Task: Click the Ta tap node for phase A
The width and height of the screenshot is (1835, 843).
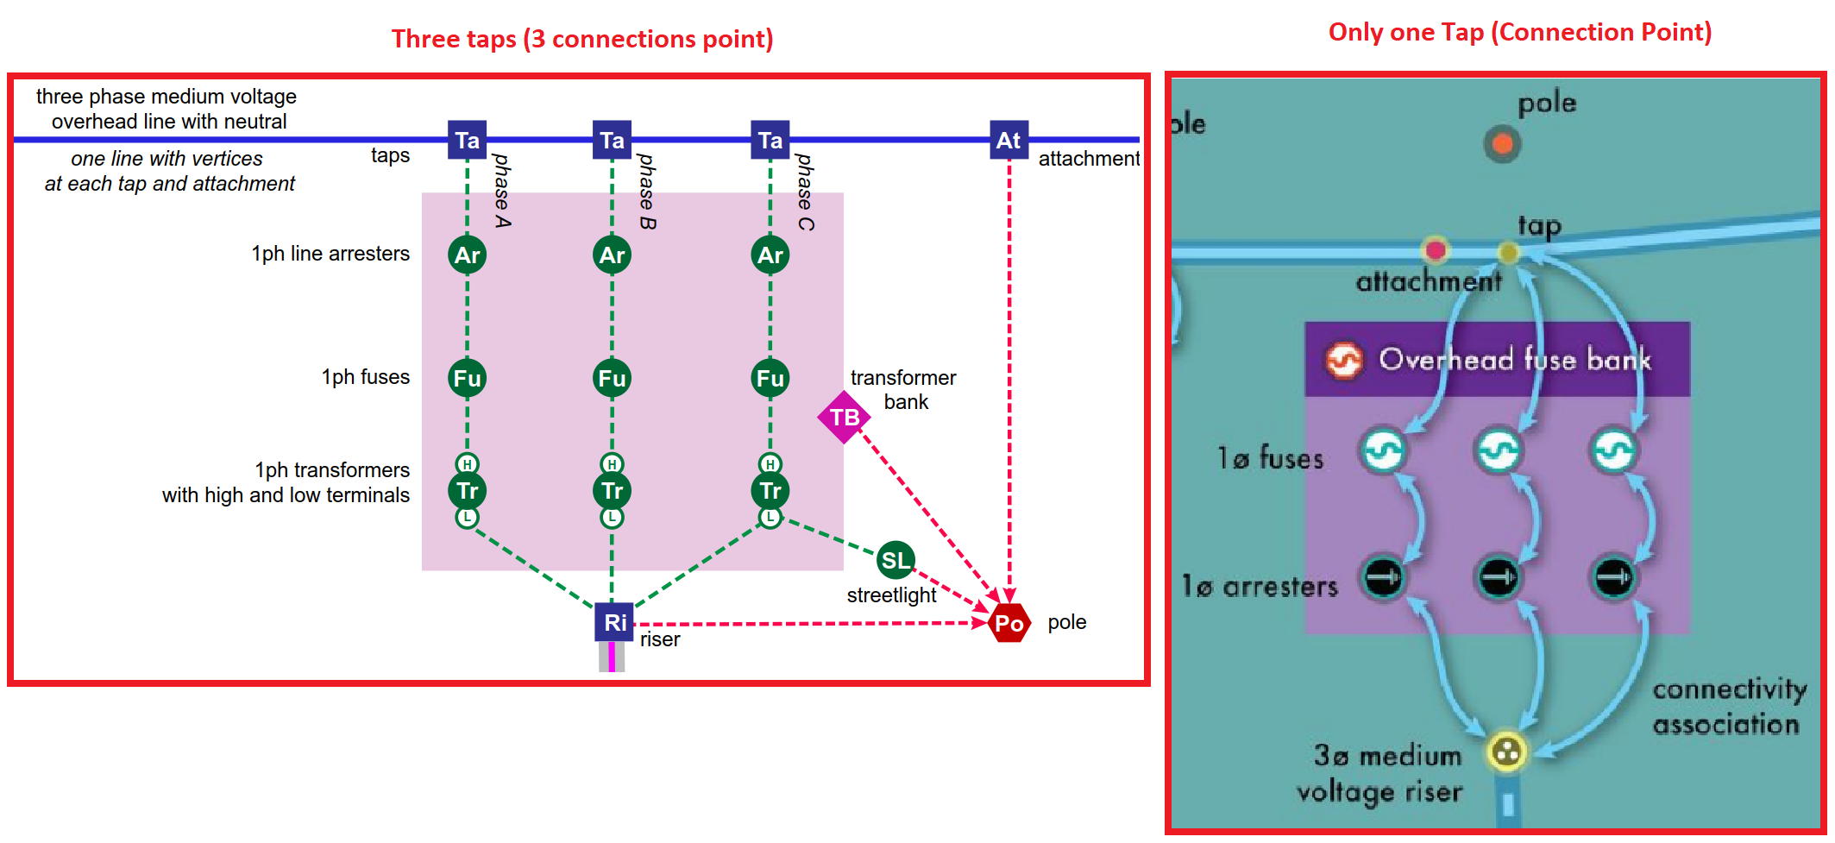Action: [x=467, y=140]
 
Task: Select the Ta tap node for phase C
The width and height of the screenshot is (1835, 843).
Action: [x=770, y=140]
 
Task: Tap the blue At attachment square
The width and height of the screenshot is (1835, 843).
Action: [x=1009, y=140]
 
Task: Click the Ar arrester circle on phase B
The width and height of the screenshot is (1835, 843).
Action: [x=612, y=255]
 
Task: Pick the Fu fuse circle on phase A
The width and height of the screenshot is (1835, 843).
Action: [x=467, y=378]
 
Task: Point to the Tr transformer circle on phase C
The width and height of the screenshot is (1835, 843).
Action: [x=770, y=491]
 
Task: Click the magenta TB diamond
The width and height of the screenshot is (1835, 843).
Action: [x=844, y=418]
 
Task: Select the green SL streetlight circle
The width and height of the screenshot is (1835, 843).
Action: [x=895, y=561]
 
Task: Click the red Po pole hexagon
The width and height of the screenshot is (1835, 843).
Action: [x=1009, y=623]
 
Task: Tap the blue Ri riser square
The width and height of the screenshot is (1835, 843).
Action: [x=614, y=622]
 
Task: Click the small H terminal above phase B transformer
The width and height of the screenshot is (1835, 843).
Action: [x=612, y=464]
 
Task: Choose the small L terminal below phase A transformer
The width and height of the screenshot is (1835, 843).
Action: [x=467, y=518]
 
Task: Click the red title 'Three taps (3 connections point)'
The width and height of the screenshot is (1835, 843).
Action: [x=581, y=39]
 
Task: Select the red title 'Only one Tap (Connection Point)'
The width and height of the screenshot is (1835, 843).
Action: [x=1519, y=32]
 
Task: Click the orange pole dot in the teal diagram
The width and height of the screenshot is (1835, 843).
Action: [x=1502, y=143]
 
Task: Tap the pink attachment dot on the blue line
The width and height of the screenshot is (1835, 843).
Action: [x=1436, y=250]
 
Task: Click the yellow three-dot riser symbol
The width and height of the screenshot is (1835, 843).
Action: [x=1506, y=752]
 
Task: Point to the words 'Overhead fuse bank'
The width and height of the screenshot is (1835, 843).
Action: [x=1514, y=359]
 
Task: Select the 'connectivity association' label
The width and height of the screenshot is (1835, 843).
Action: [x=1728, y=707]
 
